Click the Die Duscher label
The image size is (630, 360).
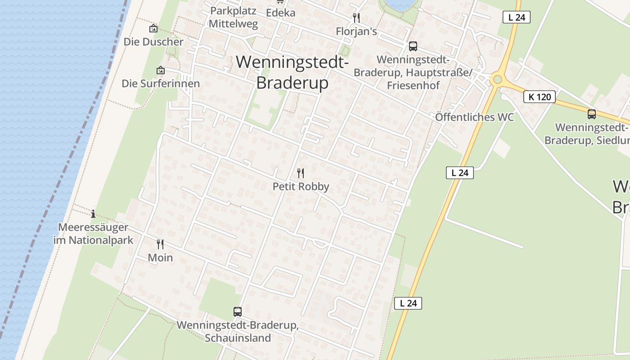[x=153, y=42]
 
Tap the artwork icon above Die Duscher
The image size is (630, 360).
[x=153, y=28]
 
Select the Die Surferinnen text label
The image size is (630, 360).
[x=161, y=84]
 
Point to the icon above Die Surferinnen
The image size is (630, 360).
[x=161, y=70]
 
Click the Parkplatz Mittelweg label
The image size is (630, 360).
[x=233, y=18]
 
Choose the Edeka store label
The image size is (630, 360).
[x=280, y=13]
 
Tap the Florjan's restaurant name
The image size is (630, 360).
[x=356, y=31]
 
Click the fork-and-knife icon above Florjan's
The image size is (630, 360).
[x=356, y=18]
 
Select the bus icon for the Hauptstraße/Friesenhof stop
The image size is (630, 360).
[x=413, y=46]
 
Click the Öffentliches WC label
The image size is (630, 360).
[x=474, y=117]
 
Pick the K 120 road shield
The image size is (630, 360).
[x=539, y=97]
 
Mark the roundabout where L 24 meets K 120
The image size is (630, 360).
[x=497, y=80]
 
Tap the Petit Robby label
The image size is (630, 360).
[x=301, y=186]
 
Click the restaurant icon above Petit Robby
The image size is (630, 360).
[x=301, y=173]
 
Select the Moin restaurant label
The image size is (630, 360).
[x=160, y=258]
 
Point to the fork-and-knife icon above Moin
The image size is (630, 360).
[x=160, y=244]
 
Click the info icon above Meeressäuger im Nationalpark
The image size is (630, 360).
[x=93, y=214]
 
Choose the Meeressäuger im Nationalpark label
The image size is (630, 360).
[x=93, y=234]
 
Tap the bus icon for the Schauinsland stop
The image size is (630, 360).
[x=238, y=311]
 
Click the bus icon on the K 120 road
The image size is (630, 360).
[x=591, y=114]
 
